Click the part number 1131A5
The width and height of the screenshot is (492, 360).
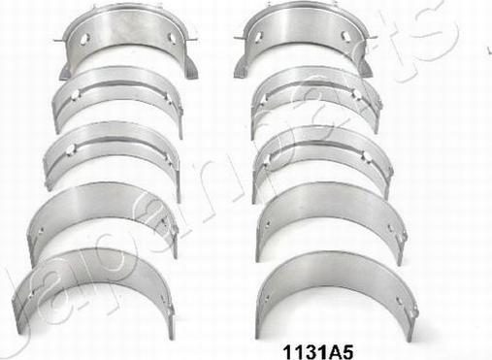318,351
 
